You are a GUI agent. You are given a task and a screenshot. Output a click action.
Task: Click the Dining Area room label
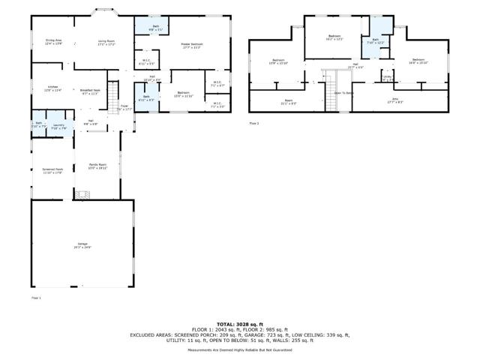coord(52,42)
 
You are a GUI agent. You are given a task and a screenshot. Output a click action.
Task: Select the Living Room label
coord(106,42)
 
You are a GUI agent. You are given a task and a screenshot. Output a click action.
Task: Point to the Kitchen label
coord(53,88)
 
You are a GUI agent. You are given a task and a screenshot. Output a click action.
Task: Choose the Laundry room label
coord(58,125)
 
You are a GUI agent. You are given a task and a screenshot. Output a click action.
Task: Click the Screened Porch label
coord(52,170)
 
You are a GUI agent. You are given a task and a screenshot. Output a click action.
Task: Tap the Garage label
coord(82,245)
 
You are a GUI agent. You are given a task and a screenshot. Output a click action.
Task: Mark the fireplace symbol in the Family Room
coord(82,194)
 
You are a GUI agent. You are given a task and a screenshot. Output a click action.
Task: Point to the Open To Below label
coord(344,93)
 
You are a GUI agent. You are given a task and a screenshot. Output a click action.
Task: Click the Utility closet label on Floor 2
coord(387,77)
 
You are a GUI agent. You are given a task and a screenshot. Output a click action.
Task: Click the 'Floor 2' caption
coord(254,121)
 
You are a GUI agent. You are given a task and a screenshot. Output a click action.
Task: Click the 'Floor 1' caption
coord(35,298)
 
